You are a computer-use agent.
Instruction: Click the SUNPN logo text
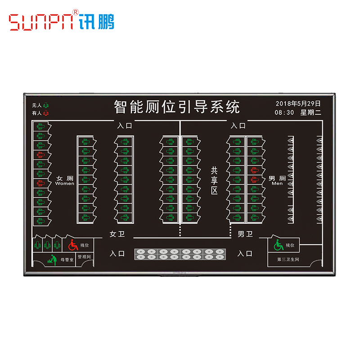click(41, 22)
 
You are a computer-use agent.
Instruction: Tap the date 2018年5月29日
click(298, 103)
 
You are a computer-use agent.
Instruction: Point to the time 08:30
click(284, 112)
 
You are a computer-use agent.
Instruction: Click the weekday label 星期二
click(310, 112)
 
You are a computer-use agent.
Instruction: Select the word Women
click(65, 184)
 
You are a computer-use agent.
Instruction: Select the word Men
click(277, 184)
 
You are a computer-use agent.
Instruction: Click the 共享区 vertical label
click(214, 180)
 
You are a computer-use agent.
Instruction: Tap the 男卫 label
click(245, 234)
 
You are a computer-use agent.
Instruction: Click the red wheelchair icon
click(73, 245)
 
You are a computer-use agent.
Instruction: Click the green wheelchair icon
click(279, 245)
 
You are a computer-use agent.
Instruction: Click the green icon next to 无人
click(45, 105)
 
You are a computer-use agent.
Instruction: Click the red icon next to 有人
click(45, 113)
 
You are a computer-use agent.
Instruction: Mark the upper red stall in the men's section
click(254, 170)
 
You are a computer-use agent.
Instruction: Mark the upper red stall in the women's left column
click(40, 154)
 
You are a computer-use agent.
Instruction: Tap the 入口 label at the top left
click(125, 126)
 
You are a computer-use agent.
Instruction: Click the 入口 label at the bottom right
click(245, 253)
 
